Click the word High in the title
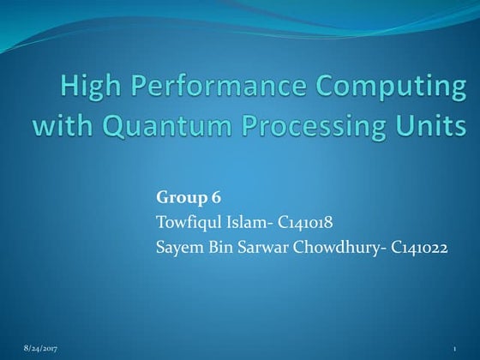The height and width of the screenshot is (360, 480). pyautogui.click(x=90, y=87)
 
